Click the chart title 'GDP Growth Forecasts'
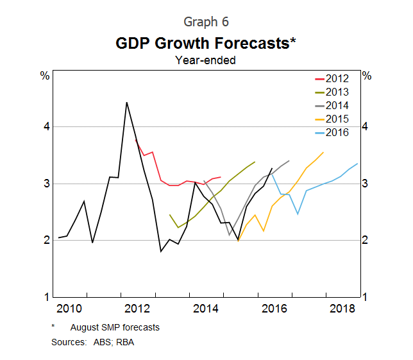[x=202, y=44]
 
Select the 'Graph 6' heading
[x=206, y=22]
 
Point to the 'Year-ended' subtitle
[x=205, y=61]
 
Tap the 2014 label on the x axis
[x=205, y=309]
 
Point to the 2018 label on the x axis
[x=342, y=309]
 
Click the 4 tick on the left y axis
[x=46, y=127]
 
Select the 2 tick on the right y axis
[x=366, y=240]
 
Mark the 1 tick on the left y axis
[x=46, y=297]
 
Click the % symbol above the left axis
[x=45, y=76]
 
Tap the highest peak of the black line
[x=126, y=102]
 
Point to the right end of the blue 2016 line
[x=358, y=163]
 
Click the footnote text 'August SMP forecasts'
[x=115, y=327]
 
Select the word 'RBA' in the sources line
[x=125, y=342]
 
